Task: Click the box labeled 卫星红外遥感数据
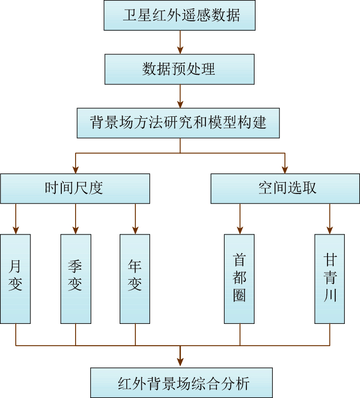point(180,15)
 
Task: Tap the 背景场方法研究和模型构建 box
point(178,122)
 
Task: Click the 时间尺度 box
point(75,188)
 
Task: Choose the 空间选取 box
point(285,188)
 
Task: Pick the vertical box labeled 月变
point(16,278)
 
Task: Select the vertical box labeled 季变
point(76,278)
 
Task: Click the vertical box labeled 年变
point(135,278)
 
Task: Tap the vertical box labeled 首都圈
point(240,278)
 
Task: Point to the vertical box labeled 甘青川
point(330,278)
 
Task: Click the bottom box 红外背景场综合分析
point(181,382)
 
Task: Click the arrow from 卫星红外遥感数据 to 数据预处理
point(180,42)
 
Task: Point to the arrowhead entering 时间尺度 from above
point(75,170)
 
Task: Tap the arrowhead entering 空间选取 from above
point(285,170)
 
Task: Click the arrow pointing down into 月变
point(16,219)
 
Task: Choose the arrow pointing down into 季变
point(76,219)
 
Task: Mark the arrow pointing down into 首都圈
point(240,219)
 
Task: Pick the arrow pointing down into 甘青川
point(330,219)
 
